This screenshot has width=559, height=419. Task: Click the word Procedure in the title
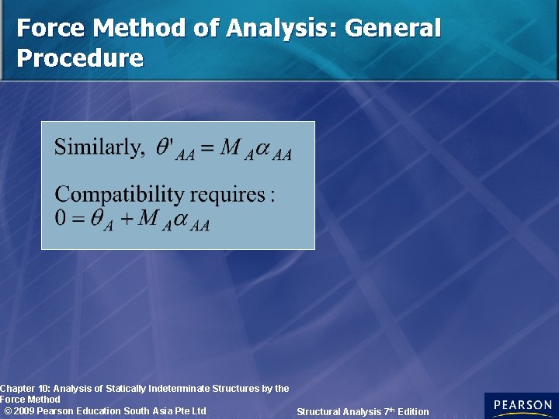pyautogui.click(x=80, y=58)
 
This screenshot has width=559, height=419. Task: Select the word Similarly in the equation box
pyautogui.click(x=99, y=147)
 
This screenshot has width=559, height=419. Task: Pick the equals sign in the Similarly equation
pyautogui.click(x=207, y=148)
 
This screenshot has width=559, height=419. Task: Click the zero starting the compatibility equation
pyautogui.click(x=61, y=218)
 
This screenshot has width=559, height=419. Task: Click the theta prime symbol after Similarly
pyautogui.click(x=165, y=147)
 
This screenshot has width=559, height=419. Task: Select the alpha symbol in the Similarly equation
pyautogui.click(x=265, y=147)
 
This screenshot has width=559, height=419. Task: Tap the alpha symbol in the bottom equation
pyautogui.click(x=182, y=219)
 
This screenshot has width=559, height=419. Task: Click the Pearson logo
pyautogui.click(x=521, y=406)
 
